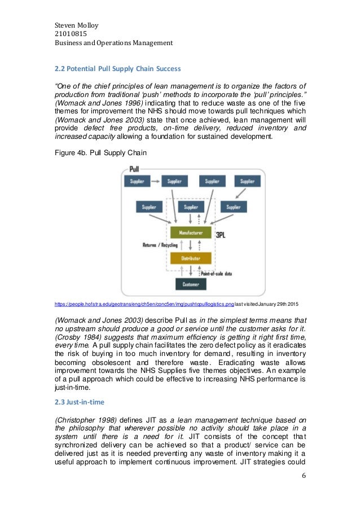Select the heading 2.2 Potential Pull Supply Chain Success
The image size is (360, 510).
[117, 69]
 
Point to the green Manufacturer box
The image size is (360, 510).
[191, 232]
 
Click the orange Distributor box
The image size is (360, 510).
[191, 258]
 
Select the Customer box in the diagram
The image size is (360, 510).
[191, 284]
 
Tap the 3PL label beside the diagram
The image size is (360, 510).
[222, 232]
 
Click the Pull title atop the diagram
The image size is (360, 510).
[135, 169]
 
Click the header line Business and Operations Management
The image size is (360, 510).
[113, 43]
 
